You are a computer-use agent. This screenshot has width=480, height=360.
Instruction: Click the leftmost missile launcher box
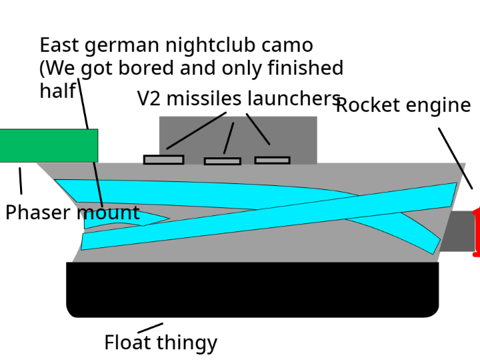163,160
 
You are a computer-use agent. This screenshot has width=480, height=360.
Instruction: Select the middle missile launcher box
222,161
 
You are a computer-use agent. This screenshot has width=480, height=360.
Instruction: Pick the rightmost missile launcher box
272,161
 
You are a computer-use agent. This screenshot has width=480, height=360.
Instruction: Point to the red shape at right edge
476,233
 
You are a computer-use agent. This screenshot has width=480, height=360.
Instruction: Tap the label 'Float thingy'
161,343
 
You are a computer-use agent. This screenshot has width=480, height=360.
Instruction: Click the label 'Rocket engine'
403,105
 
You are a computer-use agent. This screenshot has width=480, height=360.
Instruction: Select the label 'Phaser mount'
72,213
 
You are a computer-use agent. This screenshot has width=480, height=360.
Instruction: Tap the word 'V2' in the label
149,99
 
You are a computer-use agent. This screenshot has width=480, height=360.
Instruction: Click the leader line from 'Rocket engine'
455,158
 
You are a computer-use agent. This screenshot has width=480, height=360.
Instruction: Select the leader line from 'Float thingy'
150,328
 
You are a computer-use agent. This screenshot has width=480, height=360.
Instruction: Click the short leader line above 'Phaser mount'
20,181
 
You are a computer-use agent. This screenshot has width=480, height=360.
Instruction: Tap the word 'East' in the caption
59,45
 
